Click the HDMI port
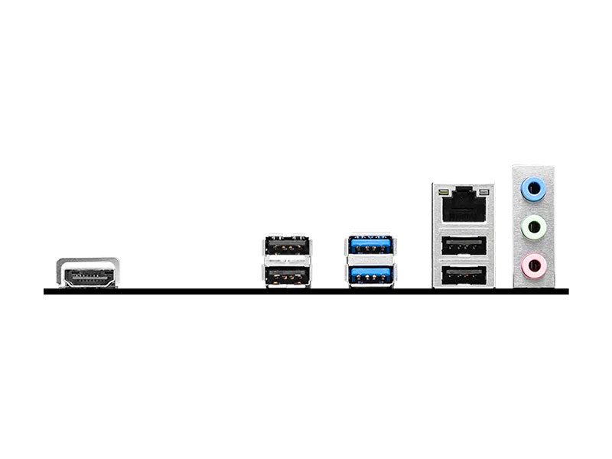[86, 274]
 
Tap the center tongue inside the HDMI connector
[86, 277]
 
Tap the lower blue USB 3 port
[370, 275]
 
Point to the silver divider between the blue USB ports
[370, 261]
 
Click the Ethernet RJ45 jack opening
[463, 207]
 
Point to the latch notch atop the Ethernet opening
[463, 191]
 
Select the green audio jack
[533, 226]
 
